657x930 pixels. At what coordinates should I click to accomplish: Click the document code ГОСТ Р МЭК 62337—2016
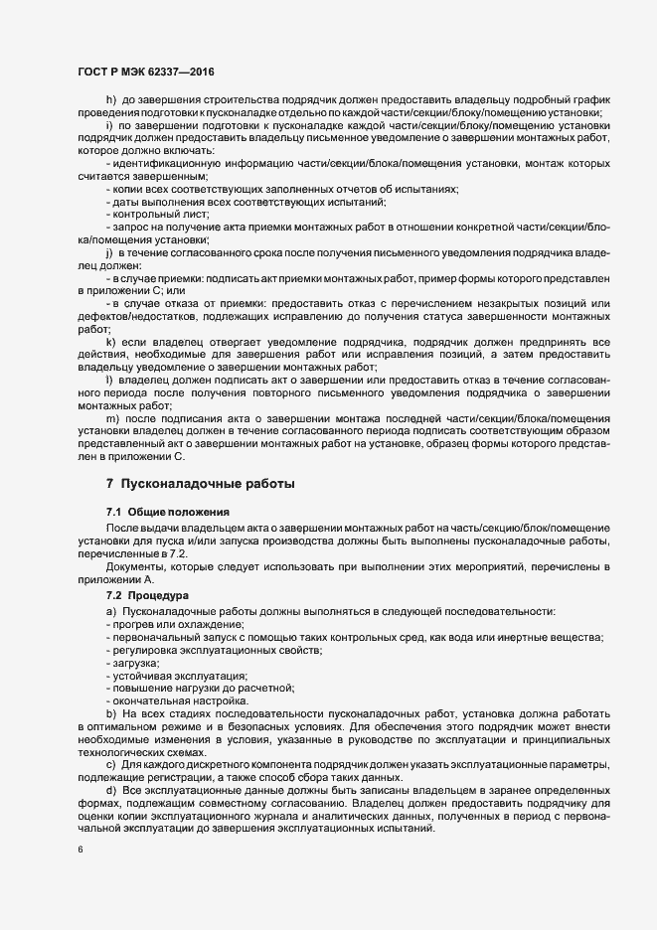click(146, 72)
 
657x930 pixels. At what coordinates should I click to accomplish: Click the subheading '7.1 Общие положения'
click(159, 511)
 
